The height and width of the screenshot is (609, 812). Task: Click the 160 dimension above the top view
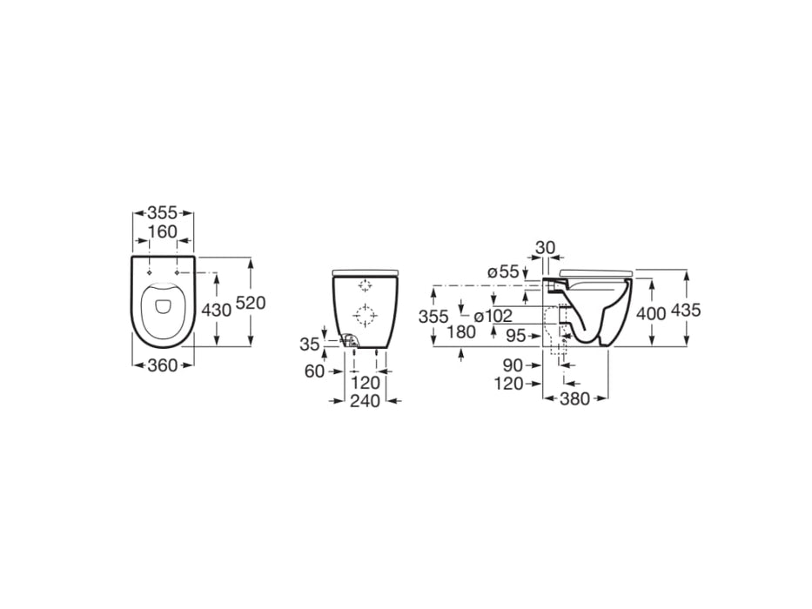click(x=163, y=231)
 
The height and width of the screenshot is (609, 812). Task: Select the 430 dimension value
click(x=217, y=310)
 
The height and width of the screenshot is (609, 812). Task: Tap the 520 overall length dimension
click(x=251, y=303)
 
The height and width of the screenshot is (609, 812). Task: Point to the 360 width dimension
click(x=163, y=365)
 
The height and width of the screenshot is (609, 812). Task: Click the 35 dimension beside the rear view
click(x=310, y=345)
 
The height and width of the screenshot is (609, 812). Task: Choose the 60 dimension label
click(x=314, y=371)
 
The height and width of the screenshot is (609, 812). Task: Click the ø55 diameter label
click(x=502, y=272)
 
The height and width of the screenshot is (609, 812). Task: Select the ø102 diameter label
click(x=493, y=316)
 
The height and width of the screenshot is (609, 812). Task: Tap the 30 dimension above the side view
click(x=546, y=248)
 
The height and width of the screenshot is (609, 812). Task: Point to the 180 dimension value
click(x=460, y=331)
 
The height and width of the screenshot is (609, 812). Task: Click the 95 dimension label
click(x=517, y=333)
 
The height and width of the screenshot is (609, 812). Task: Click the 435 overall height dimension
click(x=686, y=310)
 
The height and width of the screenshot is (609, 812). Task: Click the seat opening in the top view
click(x=163, y=305)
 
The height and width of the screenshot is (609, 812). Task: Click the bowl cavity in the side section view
click(x=599, y=309)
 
